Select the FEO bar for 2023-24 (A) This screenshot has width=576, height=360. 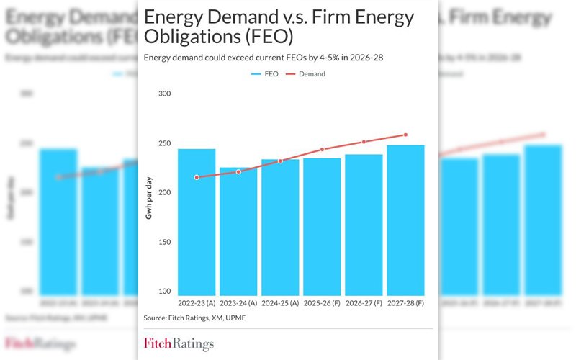pos(238,231)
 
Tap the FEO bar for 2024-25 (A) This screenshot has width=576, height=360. pos(280,227)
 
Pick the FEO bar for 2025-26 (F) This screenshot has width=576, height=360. pos(322,227)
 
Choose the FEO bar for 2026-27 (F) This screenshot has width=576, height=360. pos(364,225)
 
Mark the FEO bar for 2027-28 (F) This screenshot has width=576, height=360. pos(405,220)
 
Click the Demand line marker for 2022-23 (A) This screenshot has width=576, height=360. pos(197,177)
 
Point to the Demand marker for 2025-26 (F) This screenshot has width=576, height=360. pos(322,150)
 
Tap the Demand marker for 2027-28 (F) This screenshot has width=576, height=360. pos(405,135)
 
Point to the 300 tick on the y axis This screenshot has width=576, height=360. pos(165,94)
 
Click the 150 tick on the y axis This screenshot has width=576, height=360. pos(165,242)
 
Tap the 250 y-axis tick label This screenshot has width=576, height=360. pos(165,143)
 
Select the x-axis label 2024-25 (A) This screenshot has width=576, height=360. pos(280,304)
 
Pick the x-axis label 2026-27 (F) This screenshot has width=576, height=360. pos(364,304)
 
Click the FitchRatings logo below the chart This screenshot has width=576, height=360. pos(179,343)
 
